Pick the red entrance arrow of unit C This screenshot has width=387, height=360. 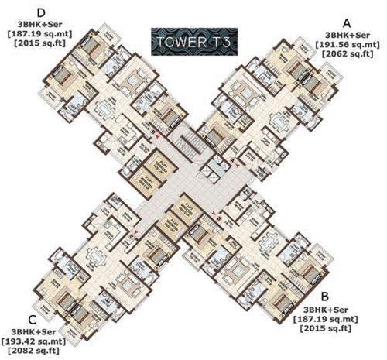137,231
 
